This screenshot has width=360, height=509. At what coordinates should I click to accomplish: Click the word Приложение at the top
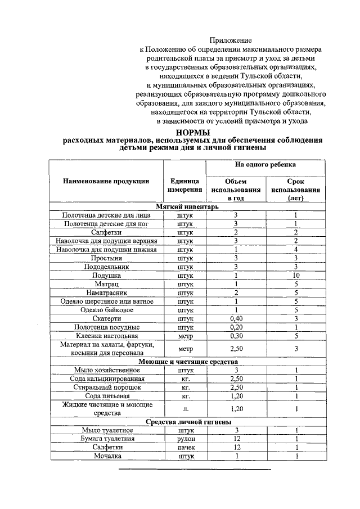231,40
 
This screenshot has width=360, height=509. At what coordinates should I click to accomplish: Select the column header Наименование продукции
106,181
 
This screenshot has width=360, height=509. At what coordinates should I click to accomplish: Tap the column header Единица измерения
184,186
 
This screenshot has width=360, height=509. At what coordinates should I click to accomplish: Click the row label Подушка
106,276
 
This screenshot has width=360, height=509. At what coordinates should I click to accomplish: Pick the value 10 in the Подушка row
296,276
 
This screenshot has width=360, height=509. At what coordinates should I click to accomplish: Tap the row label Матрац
106,284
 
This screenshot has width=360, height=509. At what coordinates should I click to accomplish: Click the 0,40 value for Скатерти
236,318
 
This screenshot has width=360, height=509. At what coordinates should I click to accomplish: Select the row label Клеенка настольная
106,336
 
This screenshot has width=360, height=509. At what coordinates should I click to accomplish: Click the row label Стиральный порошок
106,388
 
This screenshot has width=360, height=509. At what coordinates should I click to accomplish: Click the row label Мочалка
106,456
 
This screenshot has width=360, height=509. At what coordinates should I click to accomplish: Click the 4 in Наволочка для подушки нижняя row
296,249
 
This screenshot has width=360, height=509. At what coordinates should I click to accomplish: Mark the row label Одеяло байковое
106,310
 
